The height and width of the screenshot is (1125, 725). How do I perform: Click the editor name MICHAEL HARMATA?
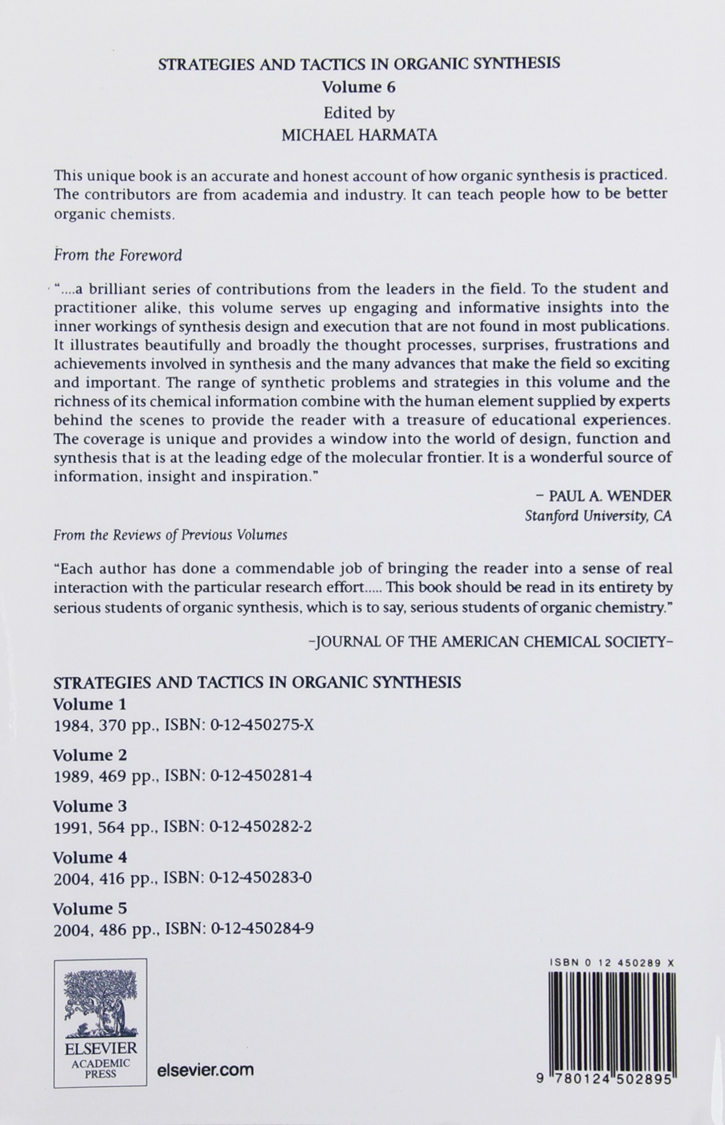(359, 135)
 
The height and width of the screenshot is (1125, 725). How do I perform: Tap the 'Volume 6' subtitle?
(359, 87)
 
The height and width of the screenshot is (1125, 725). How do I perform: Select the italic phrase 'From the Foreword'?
(118, 255)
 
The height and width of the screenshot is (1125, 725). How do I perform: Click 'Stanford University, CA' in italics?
(598, 516)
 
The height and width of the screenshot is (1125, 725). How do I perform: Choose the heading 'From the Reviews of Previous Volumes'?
(170, 535)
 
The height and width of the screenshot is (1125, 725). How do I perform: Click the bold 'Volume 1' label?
(89, 705)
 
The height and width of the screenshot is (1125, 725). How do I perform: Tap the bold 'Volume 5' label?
(89, 908)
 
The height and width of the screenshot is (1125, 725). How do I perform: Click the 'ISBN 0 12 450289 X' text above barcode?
(612, 964)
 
